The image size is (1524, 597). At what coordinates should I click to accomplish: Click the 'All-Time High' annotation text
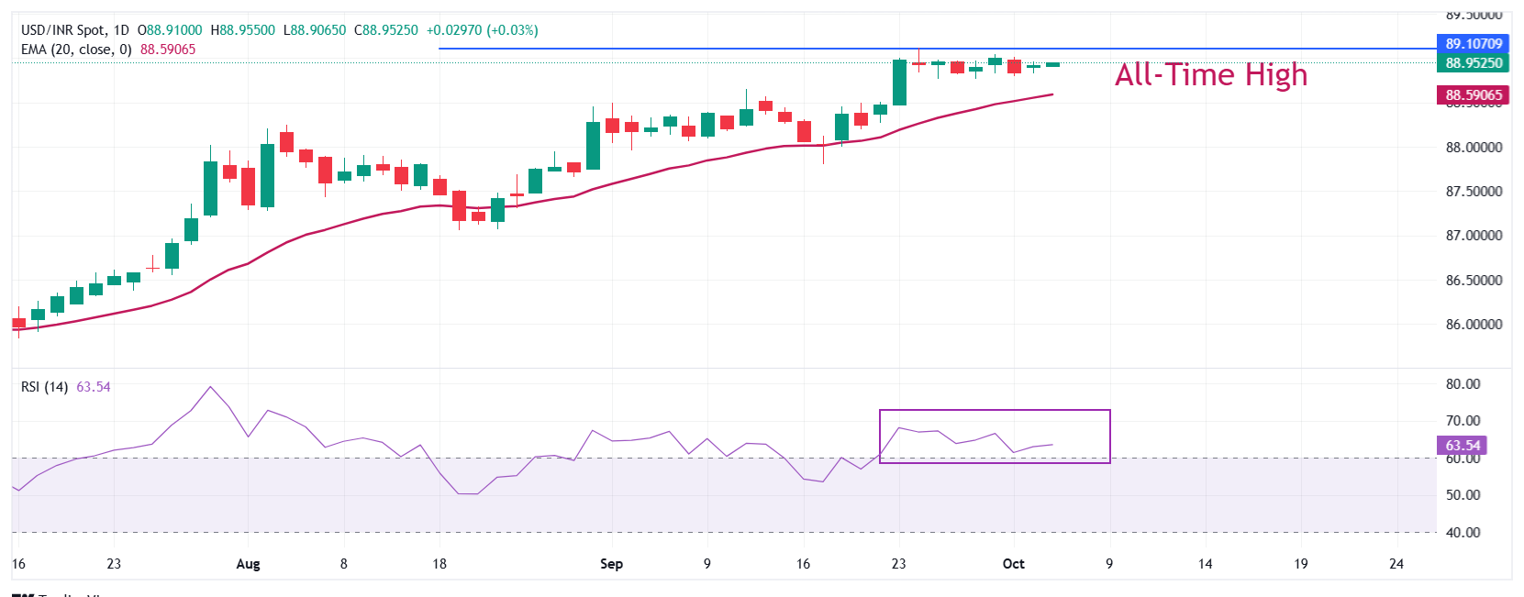coord(1210,74)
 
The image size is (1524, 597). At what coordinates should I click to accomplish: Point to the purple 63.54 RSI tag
coord(1463,446)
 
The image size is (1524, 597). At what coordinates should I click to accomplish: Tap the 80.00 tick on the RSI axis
coord(1463,383)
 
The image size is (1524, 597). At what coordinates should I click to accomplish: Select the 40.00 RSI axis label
coord(1463,532)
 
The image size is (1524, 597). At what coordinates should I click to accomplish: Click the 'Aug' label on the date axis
coord(248,563)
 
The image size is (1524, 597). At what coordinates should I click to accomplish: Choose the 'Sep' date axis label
coord(611,563)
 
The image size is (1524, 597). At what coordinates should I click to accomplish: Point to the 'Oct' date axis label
coord(1013,563)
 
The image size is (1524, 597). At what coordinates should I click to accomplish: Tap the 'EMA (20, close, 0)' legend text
coord(76,50)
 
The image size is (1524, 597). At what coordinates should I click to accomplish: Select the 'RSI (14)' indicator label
coord(44,387)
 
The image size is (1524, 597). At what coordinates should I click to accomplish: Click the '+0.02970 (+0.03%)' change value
coord(482,30)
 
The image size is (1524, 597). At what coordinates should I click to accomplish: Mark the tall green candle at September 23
coord(899,83)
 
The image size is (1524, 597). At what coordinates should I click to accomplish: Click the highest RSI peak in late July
coord(210,387)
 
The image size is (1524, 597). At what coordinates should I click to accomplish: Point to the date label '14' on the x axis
coord(1205,563)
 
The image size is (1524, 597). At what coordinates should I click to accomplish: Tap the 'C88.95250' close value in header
coord(385,30)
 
